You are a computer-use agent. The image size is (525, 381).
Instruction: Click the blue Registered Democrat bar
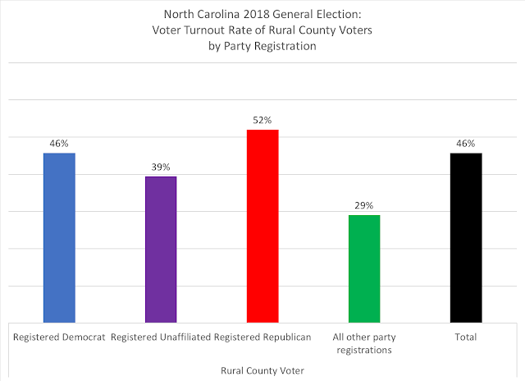59,237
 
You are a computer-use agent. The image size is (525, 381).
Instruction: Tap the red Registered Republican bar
262,226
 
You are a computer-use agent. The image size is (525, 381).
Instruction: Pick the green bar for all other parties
364,269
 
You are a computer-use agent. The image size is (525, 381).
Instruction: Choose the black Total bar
466,237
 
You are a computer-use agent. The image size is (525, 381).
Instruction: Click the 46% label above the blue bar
59,144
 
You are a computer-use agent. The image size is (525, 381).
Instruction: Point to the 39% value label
161,168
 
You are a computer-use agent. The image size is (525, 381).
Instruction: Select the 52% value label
262,121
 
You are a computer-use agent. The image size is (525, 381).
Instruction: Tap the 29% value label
364,205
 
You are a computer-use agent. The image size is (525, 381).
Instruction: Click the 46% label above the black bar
466,144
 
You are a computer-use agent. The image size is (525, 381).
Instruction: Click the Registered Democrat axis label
59,337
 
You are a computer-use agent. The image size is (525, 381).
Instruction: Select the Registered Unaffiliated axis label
161,337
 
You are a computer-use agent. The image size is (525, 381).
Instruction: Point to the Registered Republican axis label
262,337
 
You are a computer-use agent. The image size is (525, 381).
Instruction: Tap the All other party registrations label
364,343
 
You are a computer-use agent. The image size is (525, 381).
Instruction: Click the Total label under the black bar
466,337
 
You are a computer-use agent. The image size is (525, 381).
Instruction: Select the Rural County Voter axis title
262,370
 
